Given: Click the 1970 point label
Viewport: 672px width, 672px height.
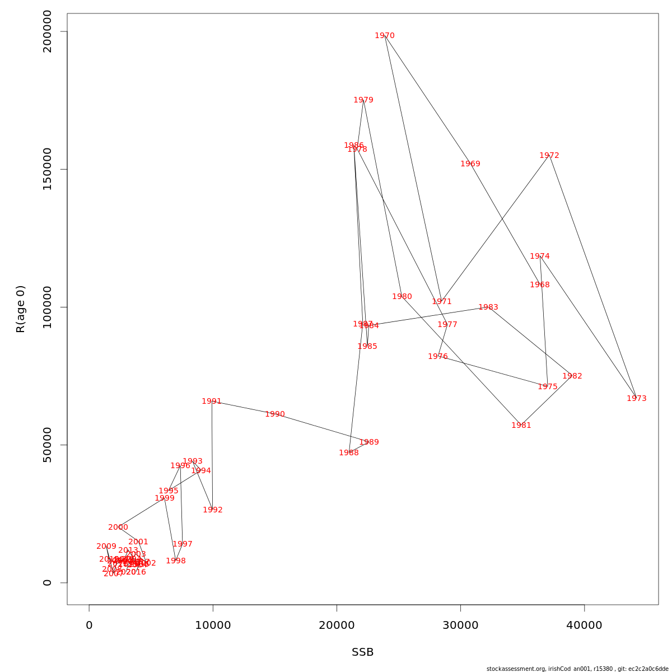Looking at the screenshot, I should (385, 36).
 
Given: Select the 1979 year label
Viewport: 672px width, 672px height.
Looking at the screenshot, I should (363, 100).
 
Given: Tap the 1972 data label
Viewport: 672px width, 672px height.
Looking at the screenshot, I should (549, 156).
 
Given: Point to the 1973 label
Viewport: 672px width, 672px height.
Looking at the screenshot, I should (637, 399).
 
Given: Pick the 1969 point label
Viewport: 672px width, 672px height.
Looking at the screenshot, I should (470, 164).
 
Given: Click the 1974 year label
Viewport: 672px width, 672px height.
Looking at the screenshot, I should (540, 256).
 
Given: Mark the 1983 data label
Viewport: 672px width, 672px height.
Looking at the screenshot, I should (488, 307).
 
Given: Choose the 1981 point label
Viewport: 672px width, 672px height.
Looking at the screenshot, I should (521, 426).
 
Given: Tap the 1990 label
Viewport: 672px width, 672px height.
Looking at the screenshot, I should (275, 414).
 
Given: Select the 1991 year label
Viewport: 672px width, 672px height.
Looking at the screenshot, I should (212, 402).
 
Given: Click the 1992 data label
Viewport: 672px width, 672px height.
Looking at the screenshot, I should (213, 510).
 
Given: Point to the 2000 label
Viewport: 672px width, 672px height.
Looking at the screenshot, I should (118, 528).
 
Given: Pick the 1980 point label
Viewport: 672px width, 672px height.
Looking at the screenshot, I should (402, 297).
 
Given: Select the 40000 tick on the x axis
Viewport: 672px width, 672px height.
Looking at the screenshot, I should (584, 626).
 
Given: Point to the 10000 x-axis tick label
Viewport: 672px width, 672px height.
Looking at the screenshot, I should (213, 626).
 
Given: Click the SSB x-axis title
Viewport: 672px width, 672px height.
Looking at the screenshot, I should (363, 652).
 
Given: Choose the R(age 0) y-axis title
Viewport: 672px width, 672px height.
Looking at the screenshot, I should (21, 309).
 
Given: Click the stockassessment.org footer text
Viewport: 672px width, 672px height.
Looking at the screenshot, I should (577, 669).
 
